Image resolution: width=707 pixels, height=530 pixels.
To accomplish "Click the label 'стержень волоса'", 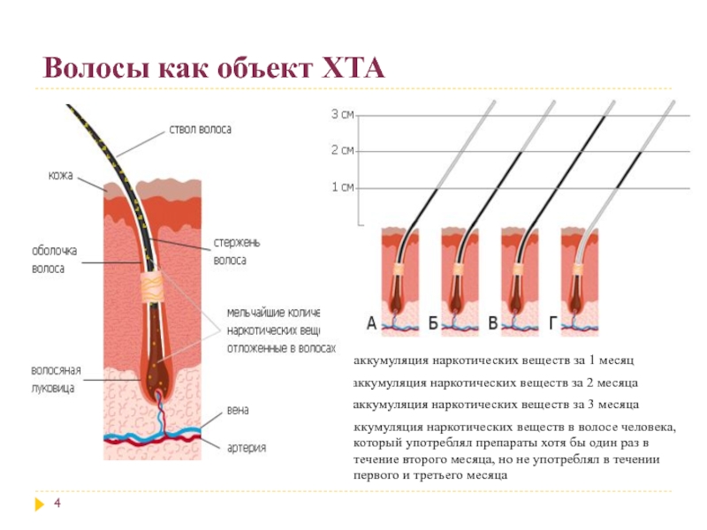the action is point(236,251).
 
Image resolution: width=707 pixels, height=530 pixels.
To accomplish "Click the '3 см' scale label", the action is point(342,114).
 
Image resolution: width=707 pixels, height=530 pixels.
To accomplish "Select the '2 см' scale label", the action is point(342,150).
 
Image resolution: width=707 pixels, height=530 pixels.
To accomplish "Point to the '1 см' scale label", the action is point(342,187).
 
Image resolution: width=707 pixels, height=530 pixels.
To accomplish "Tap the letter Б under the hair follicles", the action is point(433,325).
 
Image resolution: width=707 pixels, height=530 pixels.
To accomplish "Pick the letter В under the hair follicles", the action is point(492,325).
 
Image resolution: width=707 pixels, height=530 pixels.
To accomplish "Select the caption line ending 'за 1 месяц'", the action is point(493,361).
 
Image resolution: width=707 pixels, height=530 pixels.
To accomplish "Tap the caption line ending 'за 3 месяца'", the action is point(496,405).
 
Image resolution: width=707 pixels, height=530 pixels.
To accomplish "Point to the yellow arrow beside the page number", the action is point(38,504).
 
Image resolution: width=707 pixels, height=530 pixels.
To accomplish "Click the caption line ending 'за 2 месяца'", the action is point(496,383).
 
